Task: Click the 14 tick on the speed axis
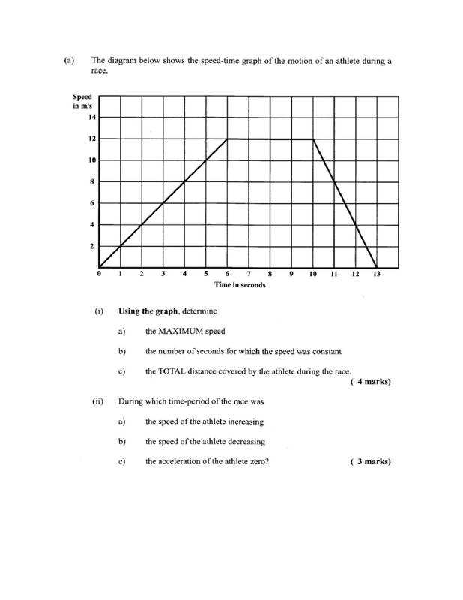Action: (x=92, y=117)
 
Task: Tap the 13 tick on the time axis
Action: (x=377, y=274)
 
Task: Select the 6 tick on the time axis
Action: (x=227, y=274)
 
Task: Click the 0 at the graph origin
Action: (x=98, y=274)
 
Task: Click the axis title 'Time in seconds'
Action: (x=240, y=285)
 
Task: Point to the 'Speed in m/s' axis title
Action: (x=82, y=101)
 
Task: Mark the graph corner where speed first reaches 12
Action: (x=227, y=139)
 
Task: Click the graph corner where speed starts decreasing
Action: (x=313, y=139)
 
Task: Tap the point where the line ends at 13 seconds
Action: (x=377, y=268)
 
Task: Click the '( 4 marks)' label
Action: (x=370, y=382)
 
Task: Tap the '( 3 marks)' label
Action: (x=370, y=461)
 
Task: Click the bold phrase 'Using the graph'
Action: (x=148, y=310)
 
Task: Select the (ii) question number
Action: (x=97, y=401)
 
